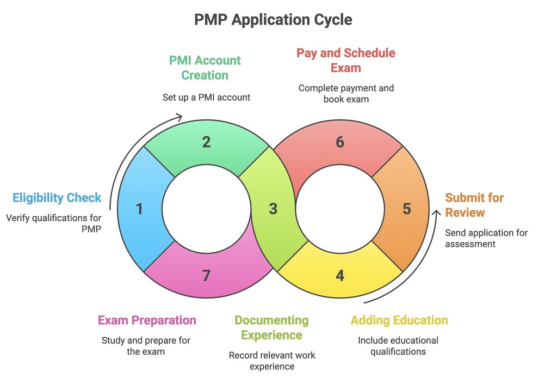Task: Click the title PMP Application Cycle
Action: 273,20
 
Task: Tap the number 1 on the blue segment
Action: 139,209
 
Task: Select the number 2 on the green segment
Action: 206,142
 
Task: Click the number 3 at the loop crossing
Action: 273,209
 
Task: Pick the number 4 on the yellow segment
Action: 340,276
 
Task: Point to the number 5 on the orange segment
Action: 407,209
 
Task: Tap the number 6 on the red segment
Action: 340,142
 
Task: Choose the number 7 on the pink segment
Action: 206,276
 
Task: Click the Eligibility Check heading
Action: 57,198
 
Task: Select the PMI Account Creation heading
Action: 205,68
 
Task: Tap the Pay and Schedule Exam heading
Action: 345,60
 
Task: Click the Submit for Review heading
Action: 474,204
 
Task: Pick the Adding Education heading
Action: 399,320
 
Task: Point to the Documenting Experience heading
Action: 271,328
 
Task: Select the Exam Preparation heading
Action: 147,320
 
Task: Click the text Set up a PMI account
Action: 206,98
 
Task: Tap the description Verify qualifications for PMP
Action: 54,223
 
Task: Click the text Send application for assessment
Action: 486,238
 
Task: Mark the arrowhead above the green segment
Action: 179,116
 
